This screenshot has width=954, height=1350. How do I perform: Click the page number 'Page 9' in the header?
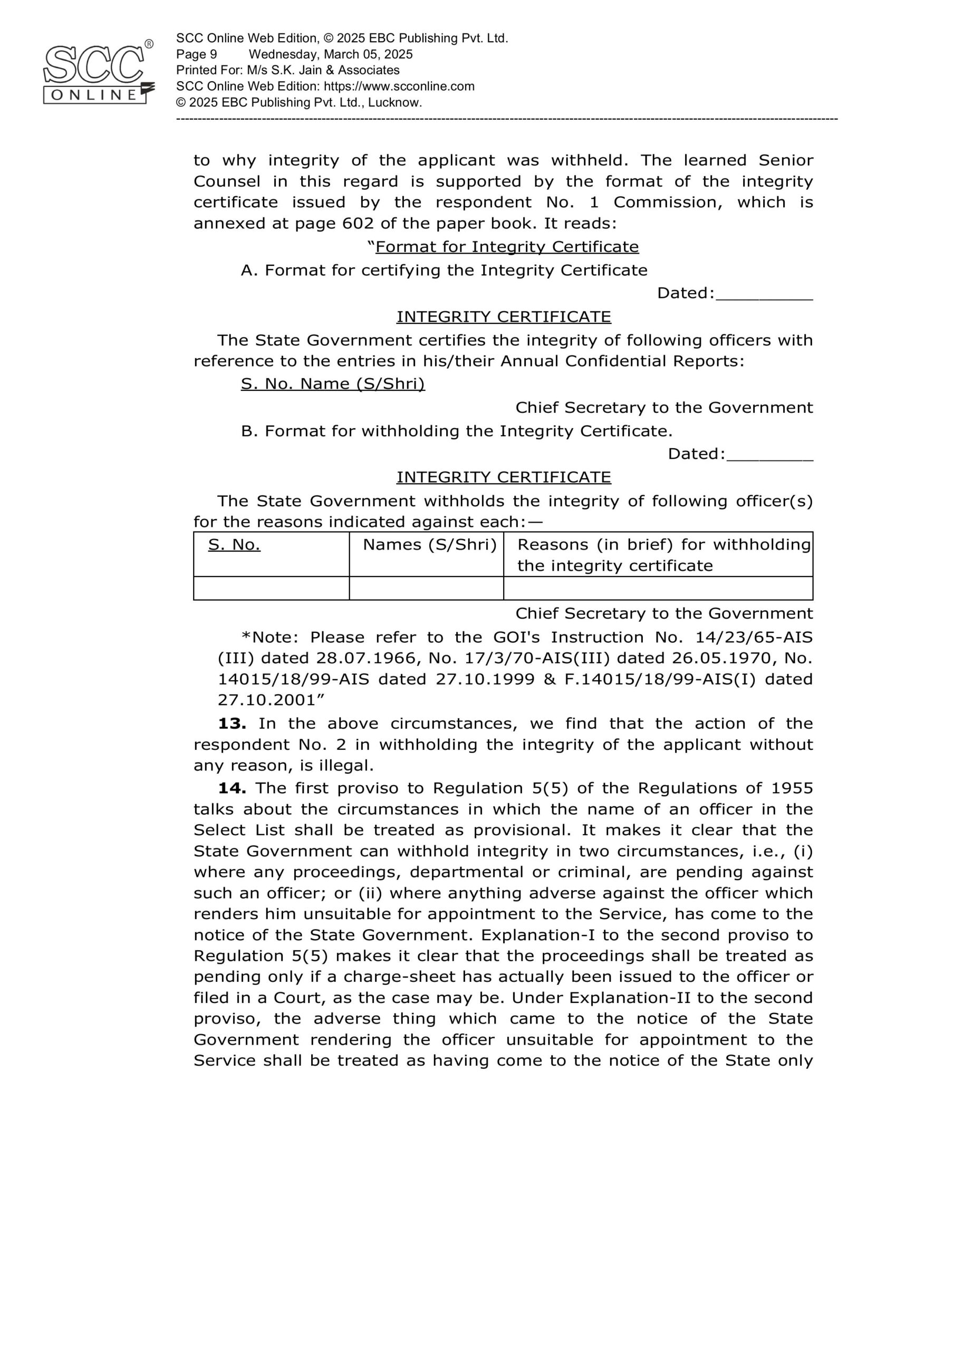point(197,55)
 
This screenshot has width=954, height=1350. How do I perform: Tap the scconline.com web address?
point(399,86)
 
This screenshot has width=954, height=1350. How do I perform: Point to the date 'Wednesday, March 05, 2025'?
point(331,55)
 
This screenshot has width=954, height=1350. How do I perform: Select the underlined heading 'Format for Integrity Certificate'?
point(507,247)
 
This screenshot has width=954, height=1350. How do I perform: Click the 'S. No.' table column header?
point(234,545)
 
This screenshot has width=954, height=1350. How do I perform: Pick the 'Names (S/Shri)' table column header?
point(429,545)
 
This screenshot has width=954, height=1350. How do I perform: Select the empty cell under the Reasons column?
point(658,588)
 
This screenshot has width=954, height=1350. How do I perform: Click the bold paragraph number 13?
point(232,724)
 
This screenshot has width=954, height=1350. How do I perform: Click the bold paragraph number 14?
point(232,788)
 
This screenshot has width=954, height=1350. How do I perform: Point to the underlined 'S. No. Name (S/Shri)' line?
point(332,384)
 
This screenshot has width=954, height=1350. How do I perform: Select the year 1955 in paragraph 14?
point(792,788)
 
